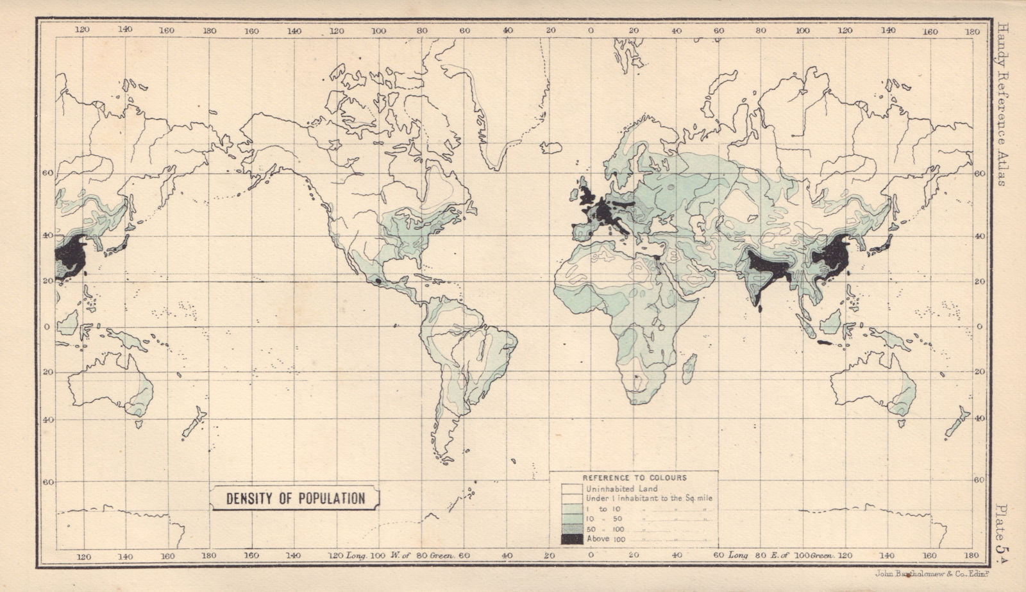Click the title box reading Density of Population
296,498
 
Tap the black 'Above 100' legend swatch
572,539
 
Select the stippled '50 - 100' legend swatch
572,529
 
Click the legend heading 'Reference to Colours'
634,478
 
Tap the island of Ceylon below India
761,309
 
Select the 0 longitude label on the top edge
591,30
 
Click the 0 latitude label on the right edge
979,326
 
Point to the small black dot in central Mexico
378,281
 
